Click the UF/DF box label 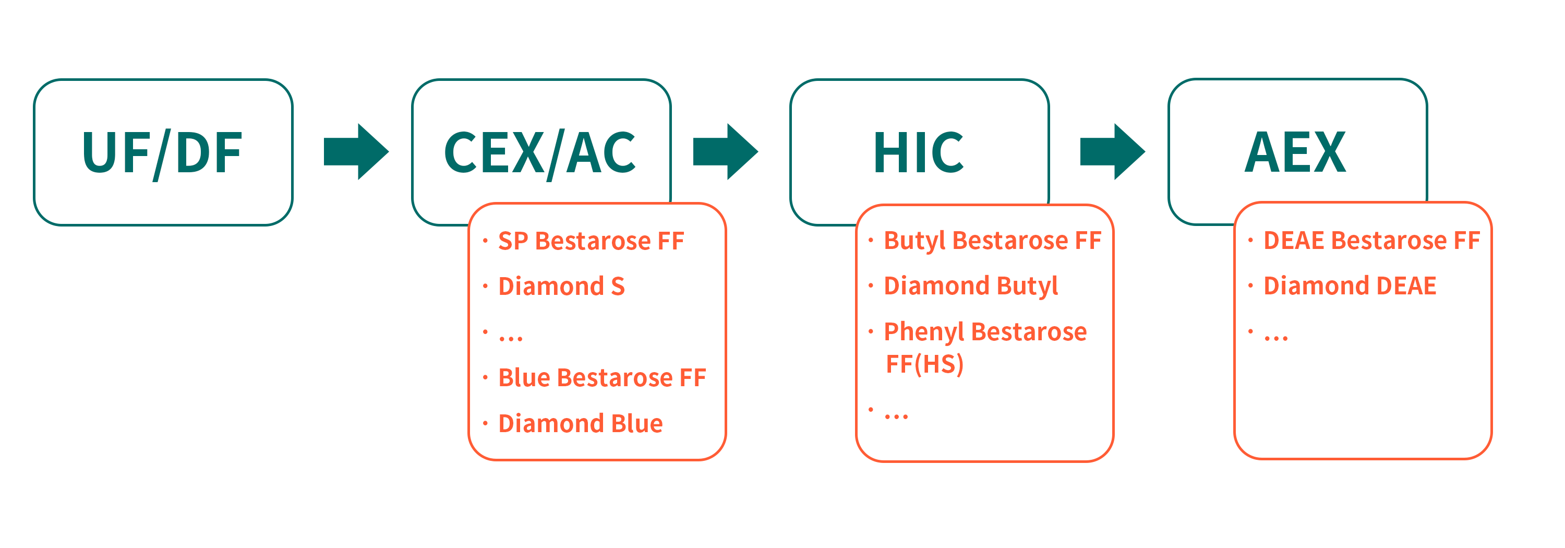pos(162,152)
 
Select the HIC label pos(918,152)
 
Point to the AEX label pos(1295,152)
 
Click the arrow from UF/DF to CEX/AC pos(356,152)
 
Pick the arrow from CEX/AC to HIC pos(726,152)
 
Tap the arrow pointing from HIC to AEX pos(1112,152)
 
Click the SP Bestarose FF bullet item pos(591,241)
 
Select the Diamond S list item pos(561,286)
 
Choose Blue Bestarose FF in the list pos(602,378)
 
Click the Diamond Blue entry pos(580,423)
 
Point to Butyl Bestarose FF pos(993,241)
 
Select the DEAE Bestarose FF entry pos(1372,241)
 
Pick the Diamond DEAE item pos(1350,286)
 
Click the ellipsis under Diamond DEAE pos(1276,338)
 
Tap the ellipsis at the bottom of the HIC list pos(896,416)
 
